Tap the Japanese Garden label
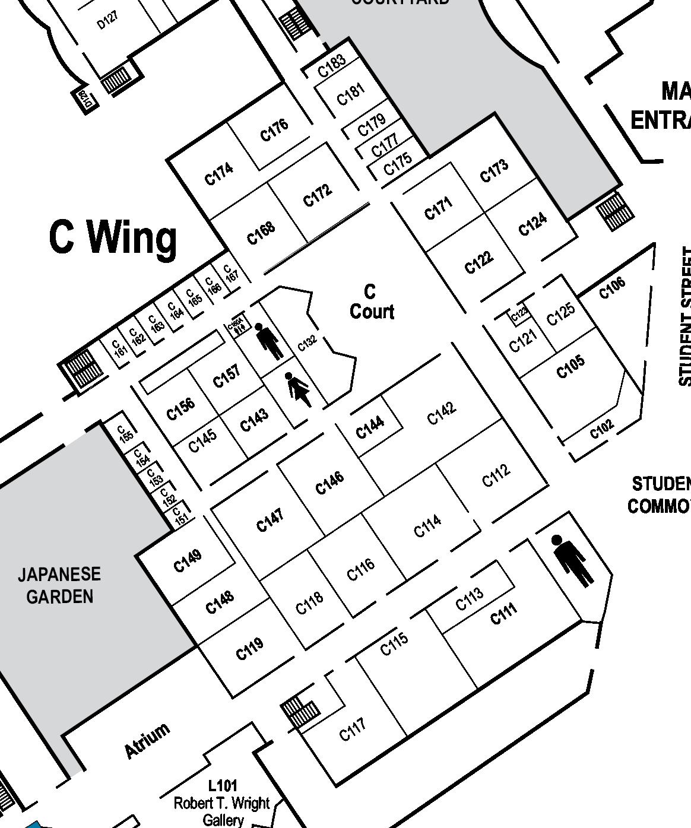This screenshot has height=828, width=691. (59, 585)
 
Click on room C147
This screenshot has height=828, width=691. (270, 520)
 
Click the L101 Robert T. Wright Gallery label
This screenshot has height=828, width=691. (223, 803)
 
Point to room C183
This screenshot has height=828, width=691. (331, 66)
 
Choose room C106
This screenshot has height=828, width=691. (612, 288)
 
